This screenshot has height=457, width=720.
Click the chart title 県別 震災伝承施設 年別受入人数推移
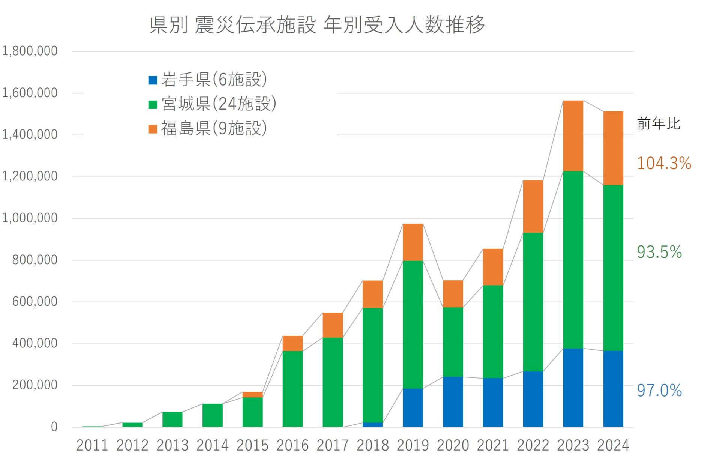click(317, 25)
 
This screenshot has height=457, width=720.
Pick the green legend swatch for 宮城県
click(153, 104)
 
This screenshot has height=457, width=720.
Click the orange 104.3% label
click(664, 164)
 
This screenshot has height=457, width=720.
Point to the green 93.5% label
click(659, 252)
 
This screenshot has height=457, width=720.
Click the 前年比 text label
click(658, 124)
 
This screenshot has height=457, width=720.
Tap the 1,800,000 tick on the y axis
click(30, 51)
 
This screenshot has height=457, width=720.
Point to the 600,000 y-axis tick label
click(34, 302)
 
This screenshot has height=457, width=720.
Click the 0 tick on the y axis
click(54, 427)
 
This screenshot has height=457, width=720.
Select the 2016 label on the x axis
click(292, 446)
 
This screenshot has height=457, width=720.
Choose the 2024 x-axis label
click(613, 446)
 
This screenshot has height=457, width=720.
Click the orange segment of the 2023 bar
click(573, 136)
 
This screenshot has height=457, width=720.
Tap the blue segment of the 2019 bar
click(412, 408)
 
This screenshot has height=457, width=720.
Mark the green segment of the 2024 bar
click(613, 268)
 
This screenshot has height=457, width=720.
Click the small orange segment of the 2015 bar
click(252, 395)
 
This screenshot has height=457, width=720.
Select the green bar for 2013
click(172, 419)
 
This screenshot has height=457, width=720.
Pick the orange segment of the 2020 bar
click(453, 294)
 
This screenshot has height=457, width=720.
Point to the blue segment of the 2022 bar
click(532, 399)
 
